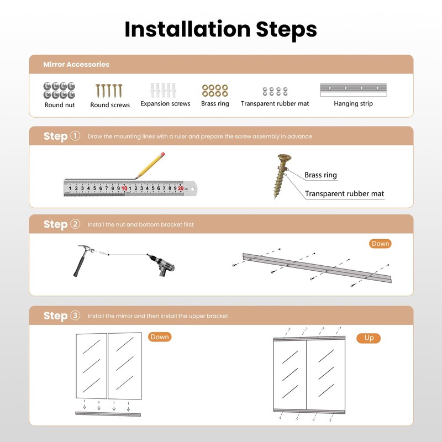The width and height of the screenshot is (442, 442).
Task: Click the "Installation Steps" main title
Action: pyautogui.click(x=220, y=30)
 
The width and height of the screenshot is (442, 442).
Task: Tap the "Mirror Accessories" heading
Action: pyautogui.click(x=76, y=64)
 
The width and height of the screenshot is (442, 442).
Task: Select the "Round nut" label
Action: pyautogui.click(x=60, y=105)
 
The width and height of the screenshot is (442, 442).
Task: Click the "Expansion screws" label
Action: pyautogui.click(x=165, y=104)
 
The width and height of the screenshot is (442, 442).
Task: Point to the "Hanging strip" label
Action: pyautogui.click(x=353, y=104)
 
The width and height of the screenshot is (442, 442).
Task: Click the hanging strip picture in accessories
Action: pyautogui.click(x=354, y=90)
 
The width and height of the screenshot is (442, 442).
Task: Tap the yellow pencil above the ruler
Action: pyautogui.click(x=150, y=165)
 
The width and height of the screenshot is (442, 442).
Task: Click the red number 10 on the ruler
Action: pyautogui.click(x=124, y=188)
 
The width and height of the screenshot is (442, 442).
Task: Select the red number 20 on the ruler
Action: pyautogui.click(x=181, y=188)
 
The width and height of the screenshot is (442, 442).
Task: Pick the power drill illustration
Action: pyautogui.click(x=162, y=265)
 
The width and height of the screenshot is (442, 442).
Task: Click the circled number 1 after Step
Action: pyautogui.click(x=75, y=136)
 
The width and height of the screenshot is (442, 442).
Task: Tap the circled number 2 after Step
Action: pyautogui.click(x=75, y=224)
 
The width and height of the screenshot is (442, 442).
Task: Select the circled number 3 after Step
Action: pyautogui.click(x=75, y=315)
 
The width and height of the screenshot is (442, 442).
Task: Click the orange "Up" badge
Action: pyautogui.click(x=369, y=338)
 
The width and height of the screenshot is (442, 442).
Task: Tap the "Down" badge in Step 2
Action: pyautogui.click(x=380, y=244)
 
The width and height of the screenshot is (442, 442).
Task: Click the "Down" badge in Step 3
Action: pyautogui.click(x=160, y=337)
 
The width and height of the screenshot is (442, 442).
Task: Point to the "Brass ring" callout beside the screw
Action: pyautogui.click(x=320, y=175)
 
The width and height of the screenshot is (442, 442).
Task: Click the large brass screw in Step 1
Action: pyautogui.click(x=282, y=176)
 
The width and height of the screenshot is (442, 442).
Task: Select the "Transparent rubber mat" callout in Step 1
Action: pyautogui.click(x=344, y=194)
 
